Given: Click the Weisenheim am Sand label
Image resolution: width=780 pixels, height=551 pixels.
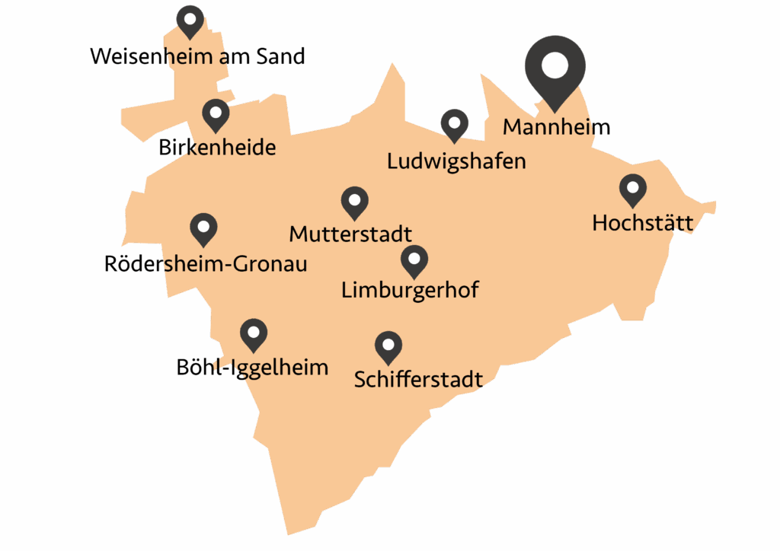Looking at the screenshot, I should pyautogui.click(x=197, y=56).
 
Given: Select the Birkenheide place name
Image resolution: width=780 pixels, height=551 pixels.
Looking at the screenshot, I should pyautogui.click(x=217, y=147).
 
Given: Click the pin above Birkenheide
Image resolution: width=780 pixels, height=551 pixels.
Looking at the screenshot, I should pyautogui.click(x=216, y=113).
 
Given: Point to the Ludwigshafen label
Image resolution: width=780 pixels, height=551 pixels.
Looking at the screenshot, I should pyautogui.click(x=456, y=161).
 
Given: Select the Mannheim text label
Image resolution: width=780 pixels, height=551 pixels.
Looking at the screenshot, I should pyautogui.click(x=556, y=127).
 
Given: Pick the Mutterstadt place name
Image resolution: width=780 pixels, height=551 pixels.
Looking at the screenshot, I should pyautogui.click(x=350, y=233).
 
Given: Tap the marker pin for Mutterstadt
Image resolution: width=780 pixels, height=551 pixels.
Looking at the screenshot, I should pyautogui.click(x=354, y=201).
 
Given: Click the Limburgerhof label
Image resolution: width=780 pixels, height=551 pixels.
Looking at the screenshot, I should pyautogui.click(x=410, y=290).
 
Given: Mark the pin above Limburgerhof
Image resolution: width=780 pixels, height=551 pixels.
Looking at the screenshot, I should pyautogui.click(x=414, y=260).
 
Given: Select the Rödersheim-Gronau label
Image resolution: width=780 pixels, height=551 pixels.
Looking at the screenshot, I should pyautogui.click(x=206, y=264).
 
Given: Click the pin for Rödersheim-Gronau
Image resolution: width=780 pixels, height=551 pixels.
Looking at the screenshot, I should pyautogui.click(x=203, y=227).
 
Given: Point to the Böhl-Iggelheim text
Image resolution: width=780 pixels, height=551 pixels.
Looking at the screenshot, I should pyautogui.click(x=252, y=368).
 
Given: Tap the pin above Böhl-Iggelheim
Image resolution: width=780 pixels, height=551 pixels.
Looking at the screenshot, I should pyautogui.click(x=254, y=333).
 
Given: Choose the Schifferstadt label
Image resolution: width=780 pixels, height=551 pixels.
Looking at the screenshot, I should pyautogui.click(x=418, y=378).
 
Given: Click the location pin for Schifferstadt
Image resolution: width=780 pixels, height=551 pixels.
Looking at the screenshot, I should pyautogui.click(x=388, y=346).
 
